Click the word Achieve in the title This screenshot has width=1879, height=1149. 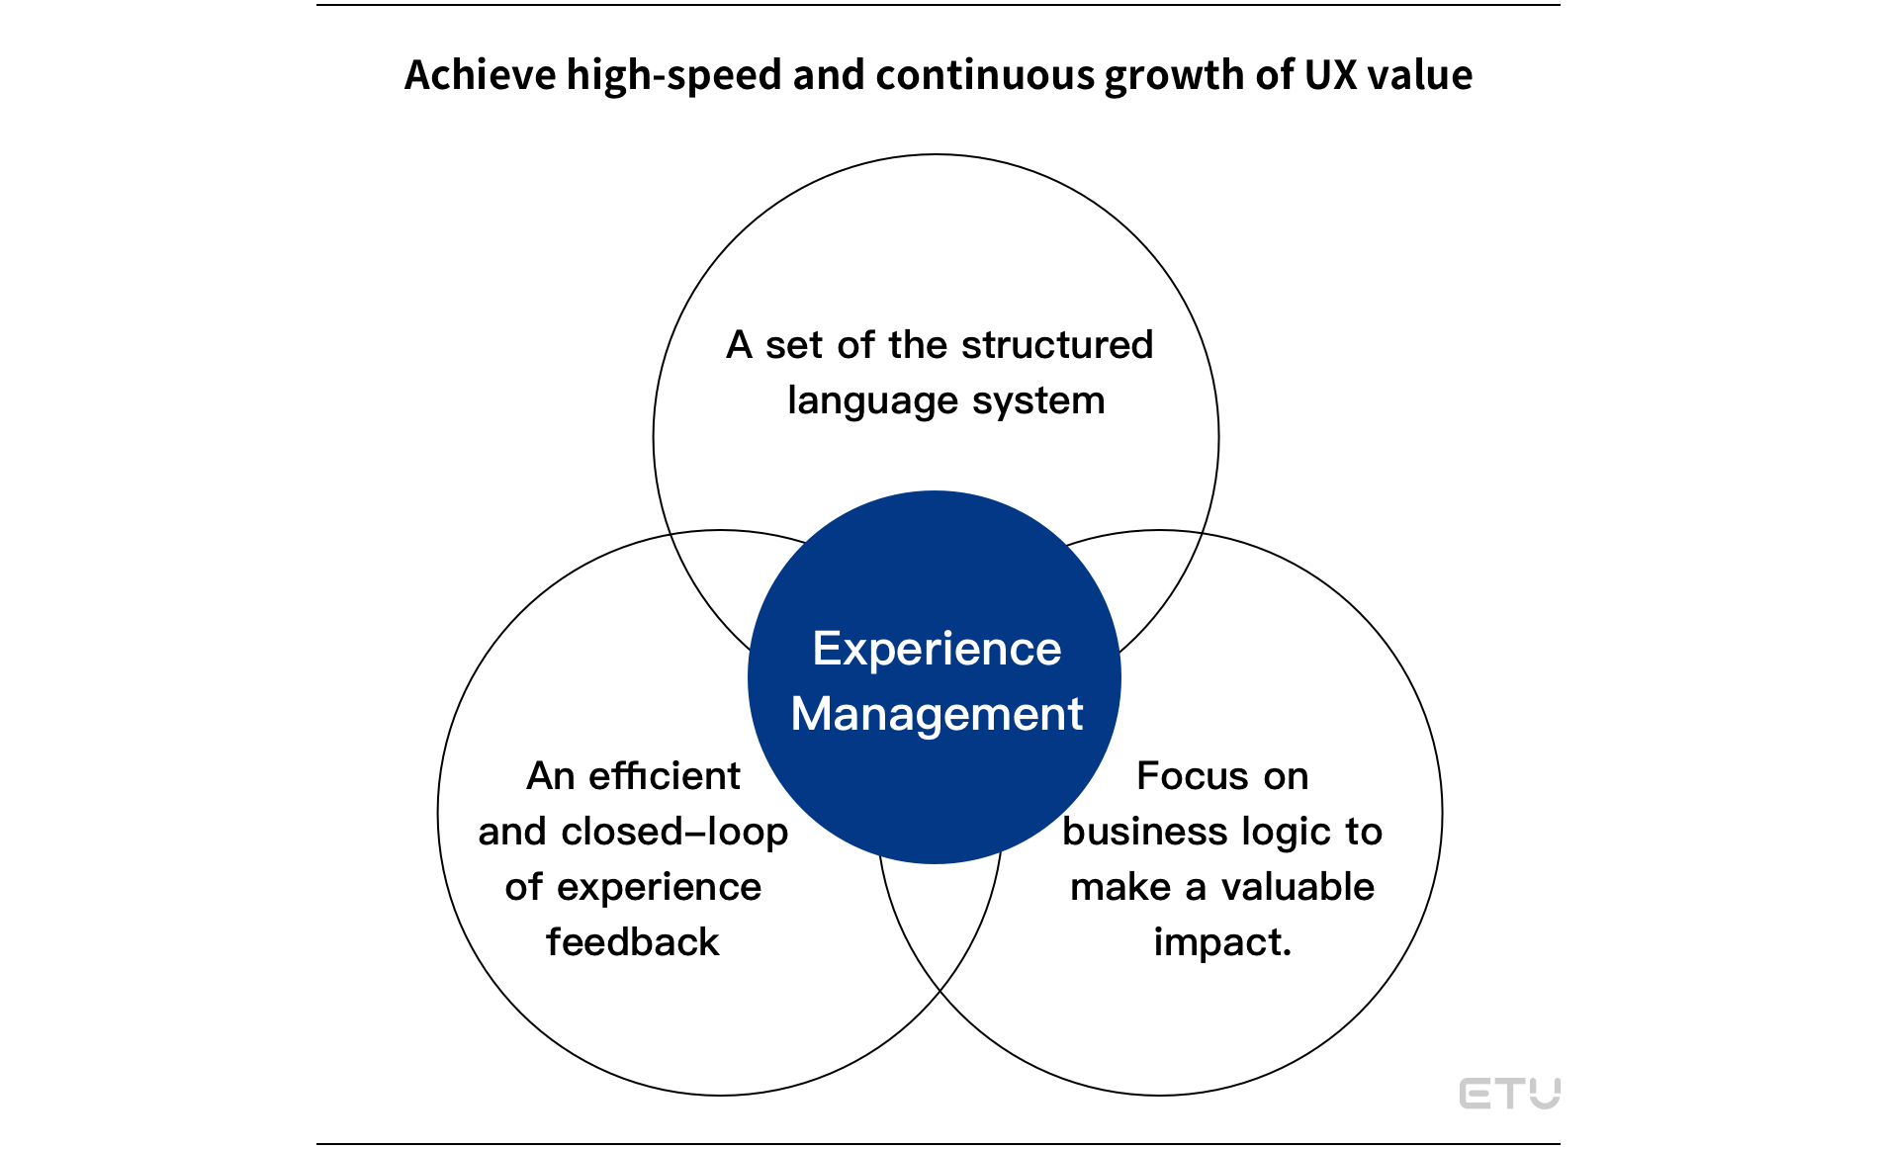click(480, 75)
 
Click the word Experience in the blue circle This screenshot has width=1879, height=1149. click(937, 651)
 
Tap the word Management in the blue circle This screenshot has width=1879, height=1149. click(937, 715)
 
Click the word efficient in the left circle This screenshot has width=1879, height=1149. click(664, 776)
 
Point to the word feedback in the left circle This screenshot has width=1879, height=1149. click(633, 942)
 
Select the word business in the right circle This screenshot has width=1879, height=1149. click(1134, 832)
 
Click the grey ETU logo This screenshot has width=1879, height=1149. click(1510, 1094)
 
